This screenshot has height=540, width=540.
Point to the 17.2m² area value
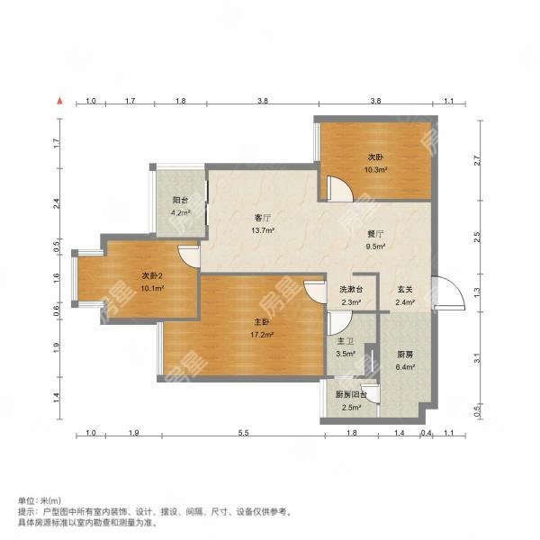[x=262, y=334]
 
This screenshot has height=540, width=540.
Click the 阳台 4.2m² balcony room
[x=180, y=206]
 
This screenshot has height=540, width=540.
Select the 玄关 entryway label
[x=405, y=290]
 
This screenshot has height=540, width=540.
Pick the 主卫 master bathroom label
[x=346, y=342]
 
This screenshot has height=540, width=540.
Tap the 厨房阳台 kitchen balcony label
[x=349, y=395]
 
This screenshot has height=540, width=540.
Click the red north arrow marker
[x=60, y=102]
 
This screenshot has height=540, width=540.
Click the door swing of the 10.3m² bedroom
[x=338, y=189]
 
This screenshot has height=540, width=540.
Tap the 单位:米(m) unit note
[x=39, y=499]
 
